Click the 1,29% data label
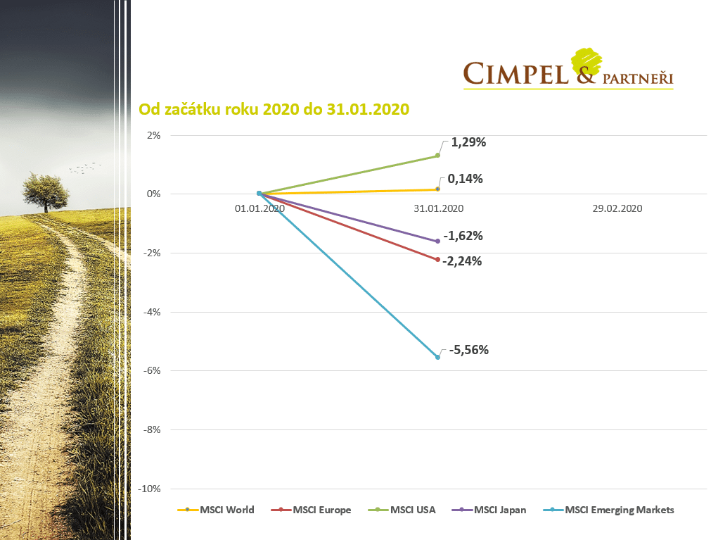coord(468,142)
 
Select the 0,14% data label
coord(465,179)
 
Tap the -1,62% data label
coord(463,236)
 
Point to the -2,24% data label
coord(462,261)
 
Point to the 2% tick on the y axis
coord(153,135)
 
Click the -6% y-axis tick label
coord(152,371)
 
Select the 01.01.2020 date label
coord(259,209)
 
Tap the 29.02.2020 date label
coord(617,209)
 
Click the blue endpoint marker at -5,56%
coord(437,357)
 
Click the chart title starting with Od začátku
coord(274,111)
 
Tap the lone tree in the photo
coord(46,191)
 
